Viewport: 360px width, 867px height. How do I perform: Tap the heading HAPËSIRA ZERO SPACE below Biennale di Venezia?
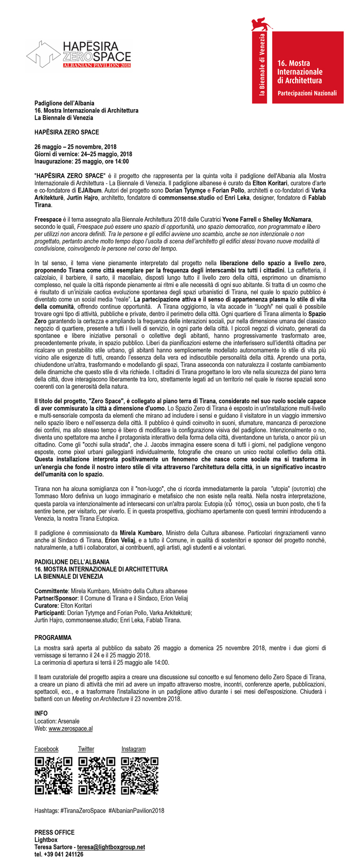coord(66,132)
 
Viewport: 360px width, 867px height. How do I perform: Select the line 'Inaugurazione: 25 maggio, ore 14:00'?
coord(81,162)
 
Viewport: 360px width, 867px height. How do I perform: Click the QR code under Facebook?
coord(52,775)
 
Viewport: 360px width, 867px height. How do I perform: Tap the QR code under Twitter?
coord(96,775)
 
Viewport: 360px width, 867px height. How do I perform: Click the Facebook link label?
coord(46,749)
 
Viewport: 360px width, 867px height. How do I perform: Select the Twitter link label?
coord(86,749)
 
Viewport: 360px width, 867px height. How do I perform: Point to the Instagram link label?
coord(133,749)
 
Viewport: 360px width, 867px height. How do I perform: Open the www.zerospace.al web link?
coord(70,729)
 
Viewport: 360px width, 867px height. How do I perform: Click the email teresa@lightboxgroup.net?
coord(111,847)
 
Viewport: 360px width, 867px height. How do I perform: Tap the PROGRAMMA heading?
coord(53,638)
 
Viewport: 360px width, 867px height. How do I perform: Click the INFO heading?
coord(41,714)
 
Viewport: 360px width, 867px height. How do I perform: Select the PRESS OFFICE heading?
coord(54,832)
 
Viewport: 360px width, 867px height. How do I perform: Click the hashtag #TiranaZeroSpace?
coord(83,810)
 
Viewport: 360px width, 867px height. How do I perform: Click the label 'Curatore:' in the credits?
coord(47,606)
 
